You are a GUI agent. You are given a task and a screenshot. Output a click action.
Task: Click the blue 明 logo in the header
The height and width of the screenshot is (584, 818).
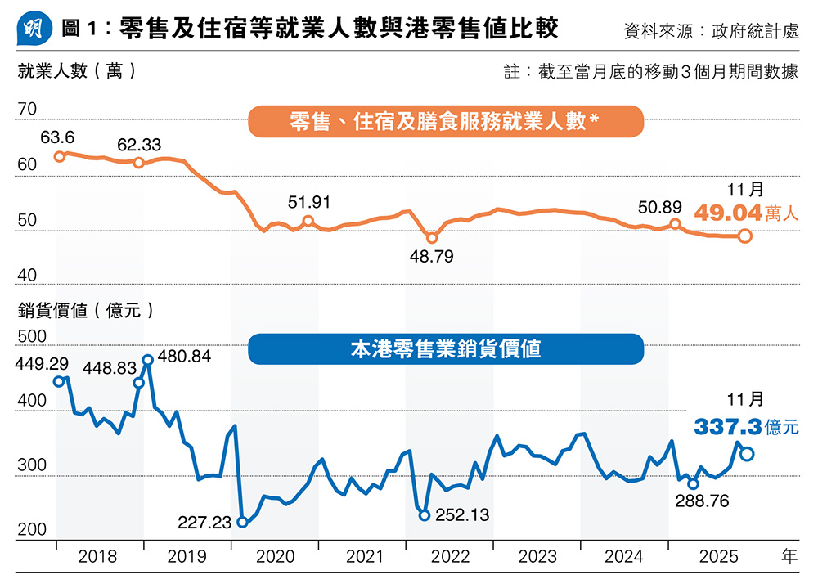34,29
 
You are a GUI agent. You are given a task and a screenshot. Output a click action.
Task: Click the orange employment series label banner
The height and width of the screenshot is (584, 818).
446,122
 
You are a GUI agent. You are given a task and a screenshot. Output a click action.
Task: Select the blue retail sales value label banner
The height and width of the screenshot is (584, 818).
446,349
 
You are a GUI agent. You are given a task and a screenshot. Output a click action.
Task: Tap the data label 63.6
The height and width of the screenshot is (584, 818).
56,137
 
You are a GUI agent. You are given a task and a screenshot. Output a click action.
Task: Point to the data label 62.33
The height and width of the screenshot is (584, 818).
139,145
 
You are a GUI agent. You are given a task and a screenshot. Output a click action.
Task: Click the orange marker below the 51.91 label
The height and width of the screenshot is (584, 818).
308,221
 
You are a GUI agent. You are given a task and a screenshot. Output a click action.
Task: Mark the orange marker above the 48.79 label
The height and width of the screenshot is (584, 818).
433,238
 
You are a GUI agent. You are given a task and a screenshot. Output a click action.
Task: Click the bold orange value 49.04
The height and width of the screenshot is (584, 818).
728,213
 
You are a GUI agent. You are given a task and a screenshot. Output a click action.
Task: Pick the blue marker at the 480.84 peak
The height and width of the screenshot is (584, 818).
148,359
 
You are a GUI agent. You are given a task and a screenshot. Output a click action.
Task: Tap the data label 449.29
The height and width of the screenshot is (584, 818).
42,362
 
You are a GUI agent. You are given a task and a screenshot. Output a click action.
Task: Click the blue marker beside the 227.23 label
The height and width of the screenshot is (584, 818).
242,522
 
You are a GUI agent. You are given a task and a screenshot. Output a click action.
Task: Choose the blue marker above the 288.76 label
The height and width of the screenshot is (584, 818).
694,484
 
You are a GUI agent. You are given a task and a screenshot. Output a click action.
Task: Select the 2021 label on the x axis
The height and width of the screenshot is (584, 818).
363,557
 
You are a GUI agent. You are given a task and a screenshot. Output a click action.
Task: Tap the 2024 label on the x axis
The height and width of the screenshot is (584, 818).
624,557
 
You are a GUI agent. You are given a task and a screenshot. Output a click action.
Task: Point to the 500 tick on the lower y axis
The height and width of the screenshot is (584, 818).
33,337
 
